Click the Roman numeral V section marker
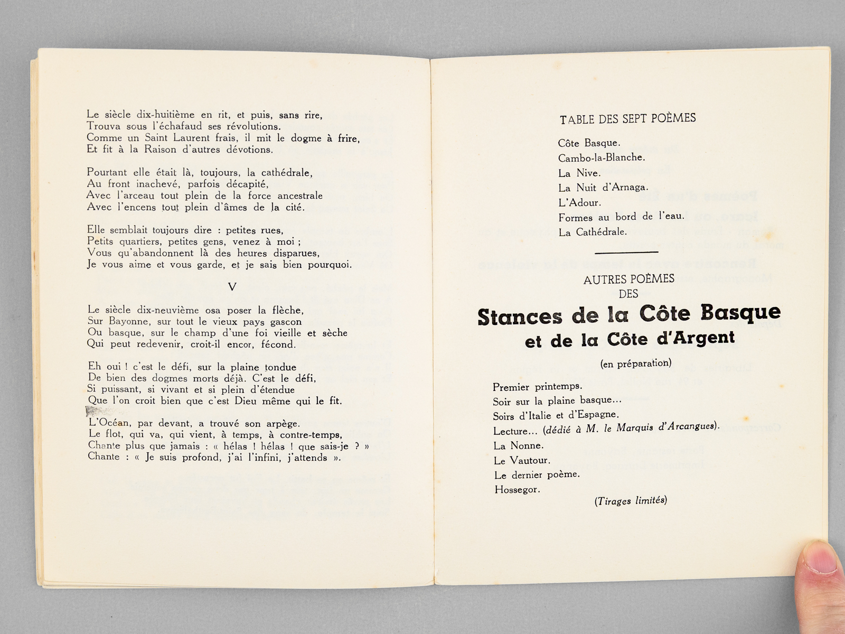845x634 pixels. [x=232, y=287]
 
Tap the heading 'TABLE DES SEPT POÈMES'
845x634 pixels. [x=627, y=119]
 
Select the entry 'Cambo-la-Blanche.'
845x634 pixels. [x=601, y=157]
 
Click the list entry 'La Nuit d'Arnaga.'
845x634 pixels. [x=603, y=188]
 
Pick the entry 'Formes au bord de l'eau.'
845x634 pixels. [x=621, y=217]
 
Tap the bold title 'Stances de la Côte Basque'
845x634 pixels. [x=629, y=315]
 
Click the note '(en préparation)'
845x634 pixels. [x=636, y=363]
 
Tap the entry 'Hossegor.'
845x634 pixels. [x=517, y=490]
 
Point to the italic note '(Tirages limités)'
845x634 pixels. [x=631, y=501]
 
